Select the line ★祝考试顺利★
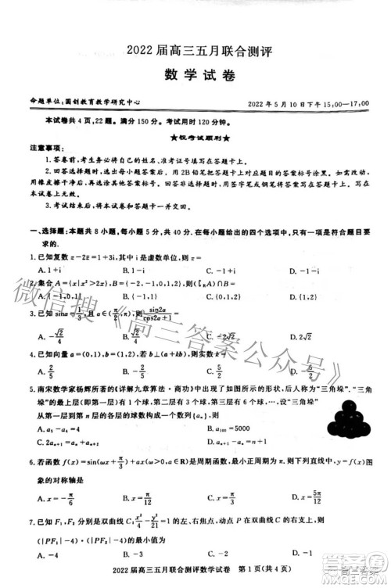point(195,135)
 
